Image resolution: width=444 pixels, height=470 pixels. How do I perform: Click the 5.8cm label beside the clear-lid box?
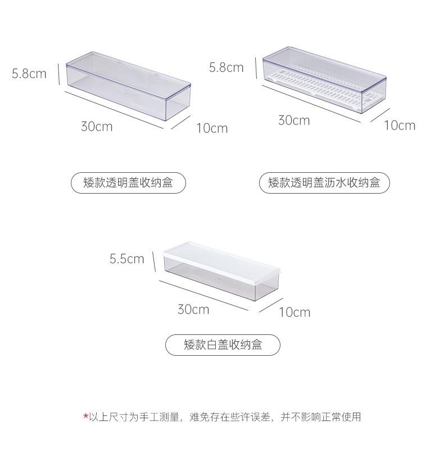[x=29, y=73]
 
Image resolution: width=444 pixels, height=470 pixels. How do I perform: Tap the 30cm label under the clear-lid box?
[x=97, y=126]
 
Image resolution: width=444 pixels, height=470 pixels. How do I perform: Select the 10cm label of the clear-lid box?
[x=212, y=128]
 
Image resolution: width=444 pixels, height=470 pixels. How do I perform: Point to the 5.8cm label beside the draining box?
[x=226, y=68]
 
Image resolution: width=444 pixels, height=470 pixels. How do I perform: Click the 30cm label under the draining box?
[x=294, y=120]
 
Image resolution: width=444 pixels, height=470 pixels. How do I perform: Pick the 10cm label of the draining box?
[x=400, y=126]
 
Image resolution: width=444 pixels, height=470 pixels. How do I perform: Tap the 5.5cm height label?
[x=127, y=259]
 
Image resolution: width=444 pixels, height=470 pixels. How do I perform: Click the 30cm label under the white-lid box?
[x=193, y=309]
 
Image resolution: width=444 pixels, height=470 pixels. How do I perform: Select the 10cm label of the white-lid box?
[x=295, y=312]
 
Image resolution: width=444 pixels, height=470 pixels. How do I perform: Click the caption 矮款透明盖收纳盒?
[x=128, y=183]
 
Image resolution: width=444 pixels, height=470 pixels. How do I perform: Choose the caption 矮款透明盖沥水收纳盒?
[x=324, y=183]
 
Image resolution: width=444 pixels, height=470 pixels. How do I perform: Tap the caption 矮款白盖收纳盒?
[x=223, y=344]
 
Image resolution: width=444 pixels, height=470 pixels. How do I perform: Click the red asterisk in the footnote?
[x=85, y=417]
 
